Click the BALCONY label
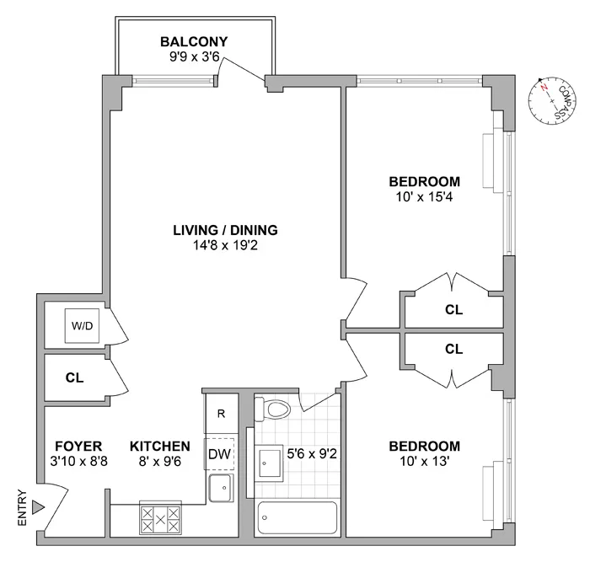pos(194,42)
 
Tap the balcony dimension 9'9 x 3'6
pos(194,58)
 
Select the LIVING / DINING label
pos(225,230)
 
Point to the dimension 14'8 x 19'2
pos(225,246)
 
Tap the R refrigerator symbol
pos(221,414)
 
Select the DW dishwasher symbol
pos(219,453)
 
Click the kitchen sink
pos(221,487)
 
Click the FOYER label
pos(78,446)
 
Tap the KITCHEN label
pos(159,446)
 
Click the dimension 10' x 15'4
pos(424,197)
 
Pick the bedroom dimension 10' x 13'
pos(424,462)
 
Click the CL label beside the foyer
pos(74,378)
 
